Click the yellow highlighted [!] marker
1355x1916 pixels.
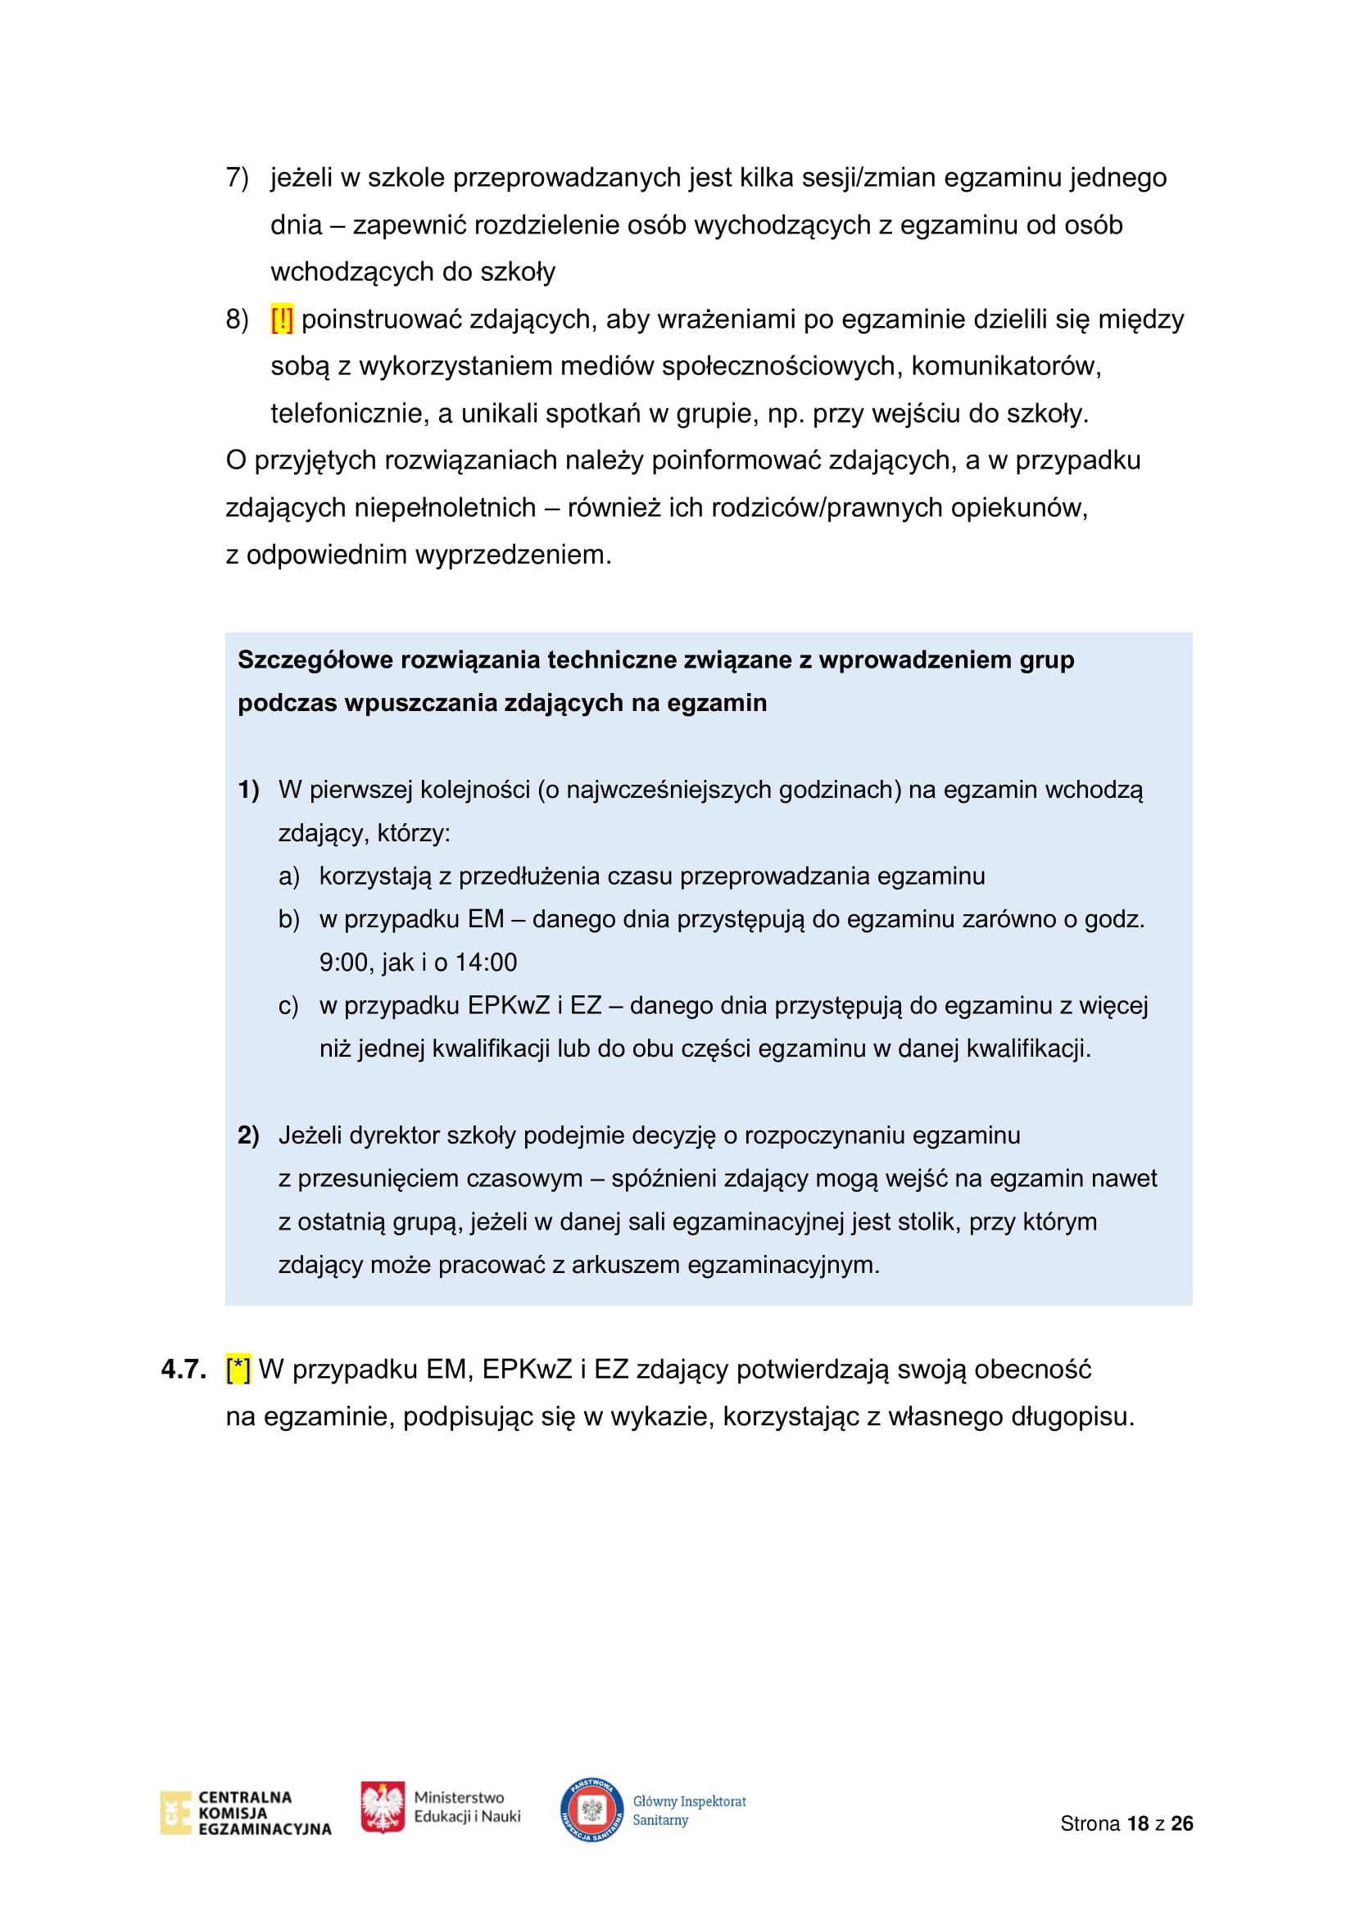tap(282, 319)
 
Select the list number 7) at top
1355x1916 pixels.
tap(237, 178)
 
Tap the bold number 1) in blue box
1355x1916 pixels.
tap(249, 790)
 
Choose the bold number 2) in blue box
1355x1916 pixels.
tap(249, 1135)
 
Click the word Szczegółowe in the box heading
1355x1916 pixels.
tap(315, 660)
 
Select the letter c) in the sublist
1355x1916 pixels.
tap(288, 1006)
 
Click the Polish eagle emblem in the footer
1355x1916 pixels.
tap(383, 1807)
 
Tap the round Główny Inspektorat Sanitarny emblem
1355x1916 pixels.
tap(591, 1810)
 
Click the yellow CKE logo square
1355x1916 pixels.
tap(175, 1813)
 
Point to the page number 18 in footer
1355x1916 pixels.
tap(1138, 1823)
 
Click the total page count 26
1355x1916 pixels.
tap(1181, 1823)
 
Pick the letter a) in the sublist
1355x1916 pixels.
tap(288, 876)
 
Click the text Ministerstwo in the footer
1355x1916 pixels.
tap(459, 1796)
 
